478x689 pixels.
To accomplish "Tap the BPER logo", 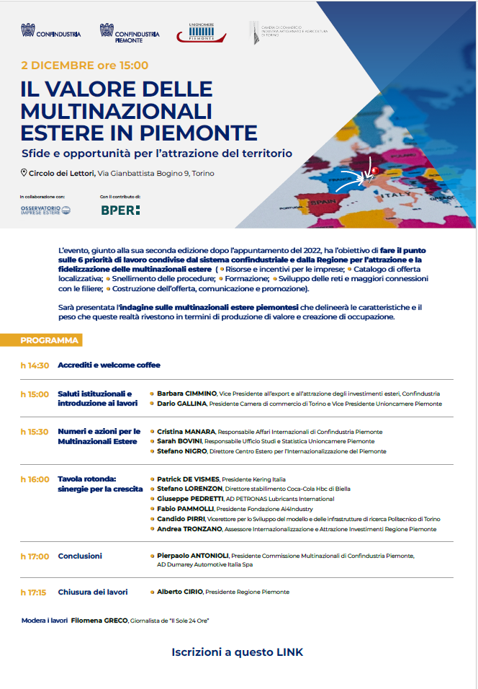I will click(x=120, y=210).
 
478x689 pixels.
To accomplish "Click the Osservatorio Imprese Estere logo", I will click(x=45, y=210).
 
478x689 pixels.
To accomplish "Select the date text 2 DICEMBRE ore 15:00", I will click(x=85, y=66).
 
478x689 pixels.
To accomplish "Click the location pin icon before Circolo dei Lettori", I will click(x=24, y=173).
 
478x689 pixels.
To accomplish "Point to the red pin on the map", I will click(x=372, y=170).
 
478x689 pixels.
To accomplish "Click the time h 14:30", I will click(x=35, y=365).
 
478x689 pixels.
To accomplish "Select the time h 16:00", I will click(x=35, y=479).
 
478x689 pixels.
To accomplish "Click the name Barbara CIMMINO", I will click(x=186, y=394).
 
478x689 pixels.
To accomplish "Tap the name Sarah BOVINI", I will click(x=180, y=441).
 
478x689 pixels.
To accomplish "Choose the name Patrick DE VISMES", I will click(x=188, y=479).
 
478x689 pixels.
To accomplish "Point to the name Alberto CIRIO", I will click(x=180, y=592).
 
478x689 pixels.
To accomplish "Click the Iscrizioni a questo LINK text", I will click(x=238, y=652).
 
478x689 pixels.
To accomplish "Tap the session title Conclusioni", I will click(x=80, y=556).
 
